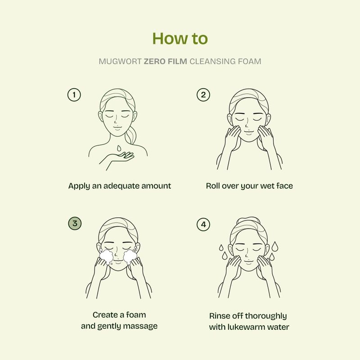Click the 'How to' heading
180,38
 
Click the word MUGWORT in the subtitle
120,62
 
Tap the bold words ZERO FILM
165,62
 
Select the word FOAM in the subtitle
250,62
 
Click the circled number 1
74,95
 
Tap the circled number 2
203,95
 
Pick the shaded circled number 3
75,223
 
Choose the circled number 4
203,224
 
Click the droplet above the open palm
119,148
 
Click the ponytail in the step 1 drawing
131,135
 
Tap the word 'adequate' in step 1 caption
121,186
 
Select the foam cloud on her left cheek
130,256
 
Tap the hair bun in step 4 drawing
248,220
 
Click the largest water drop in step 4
275,246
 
